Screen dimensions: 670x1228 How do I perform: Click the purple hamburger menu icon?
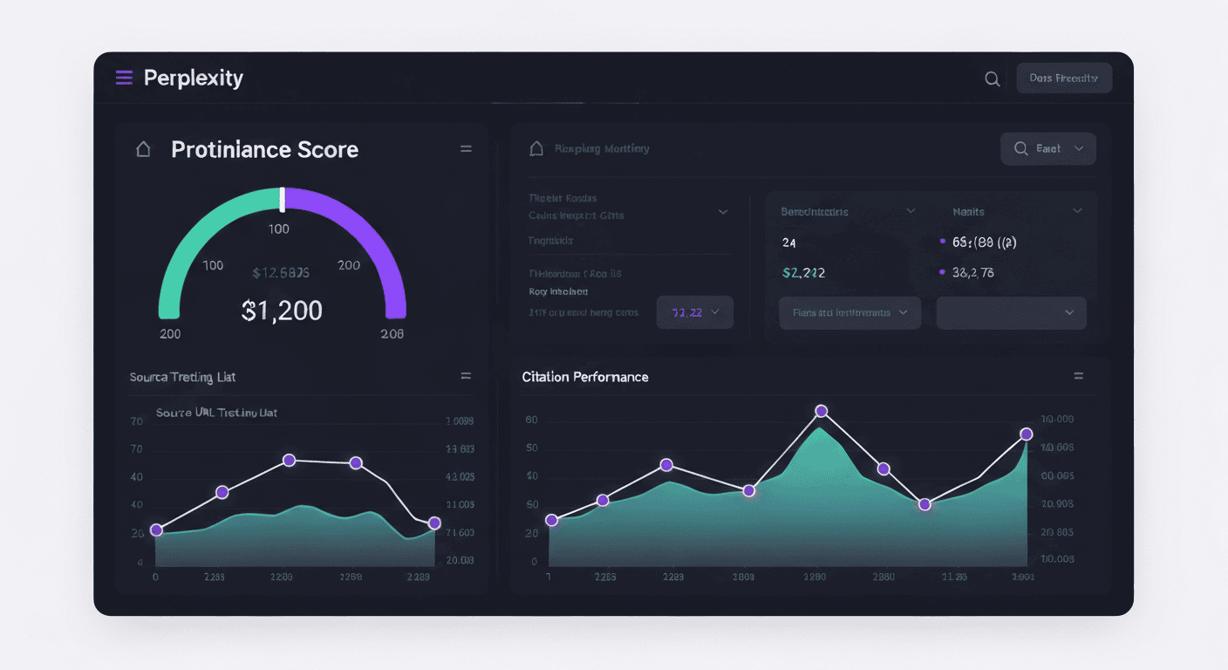(125, 78)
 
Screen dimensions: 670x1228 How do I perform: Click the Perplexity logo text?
(193, 78)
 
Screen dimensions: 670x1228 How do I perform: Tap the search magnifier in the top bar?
(992, 79)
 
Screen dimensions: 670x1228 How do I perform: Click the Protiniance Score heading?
(264, 149)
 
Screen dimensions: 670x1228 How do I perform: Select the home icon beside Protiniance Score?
(143, 149)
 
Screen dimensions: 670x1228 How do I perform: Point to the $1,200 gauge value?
(282, 310)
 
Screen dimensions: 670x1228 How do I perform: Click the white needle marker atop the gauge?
(282, 199)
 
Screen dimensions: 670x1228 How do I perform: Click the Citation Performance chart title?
(585, 377)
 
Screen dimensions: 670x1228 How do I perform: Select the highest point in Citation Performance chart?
(821, 411)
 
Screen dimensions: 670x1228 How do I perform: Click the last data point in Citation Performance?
(1027, 434)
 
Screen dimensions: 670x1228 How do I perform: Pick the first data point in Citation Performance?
(551, 520)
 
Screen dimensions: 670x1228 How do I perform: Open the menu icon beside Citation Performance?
(1078, 376)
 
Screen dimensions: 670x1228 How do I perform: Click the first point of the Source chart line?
(156, 530)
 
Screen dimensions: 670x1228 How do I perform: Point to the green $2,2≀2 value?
(803, 272)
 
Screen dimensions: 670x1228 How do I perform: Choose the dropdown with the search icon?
(1047, 149)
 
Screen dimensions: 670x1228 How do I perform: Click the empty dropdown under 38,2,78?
(1011, 312)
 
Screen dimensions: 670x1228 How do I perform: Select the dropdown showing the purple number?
(694, 312)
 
